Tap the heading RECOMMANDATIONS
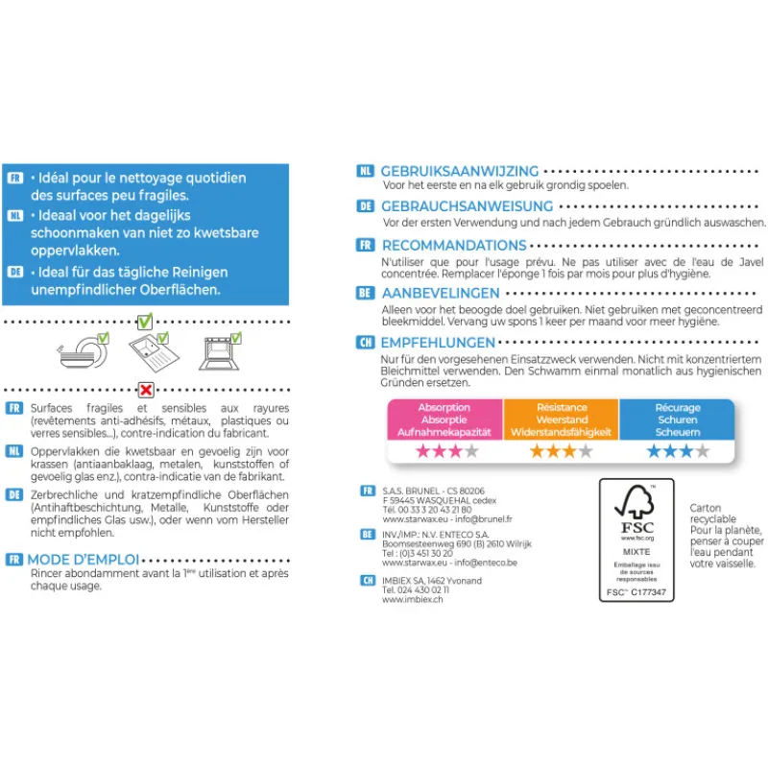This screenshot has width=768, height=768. click(x=454, y=246)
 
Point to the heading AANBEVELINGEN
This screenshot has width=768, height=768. click(x=441, y=293)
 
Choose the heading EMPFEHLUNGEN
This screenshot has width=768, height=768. click(x=439, y=342)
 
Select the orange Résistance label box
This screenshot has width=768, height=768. click(x=562, y=420)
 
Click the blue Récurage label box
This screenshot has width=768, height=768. click(x=677, y=420)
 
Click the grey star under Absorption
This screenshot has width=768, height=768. click(x=471, y=451)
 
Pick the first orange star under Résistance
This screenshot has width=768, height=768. click(x=539, y=451)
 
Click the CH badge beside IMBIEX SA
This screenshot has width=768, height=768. click(x=368, y=580)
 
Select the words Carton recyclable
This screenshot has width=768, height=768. click(x=713, y=514)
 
